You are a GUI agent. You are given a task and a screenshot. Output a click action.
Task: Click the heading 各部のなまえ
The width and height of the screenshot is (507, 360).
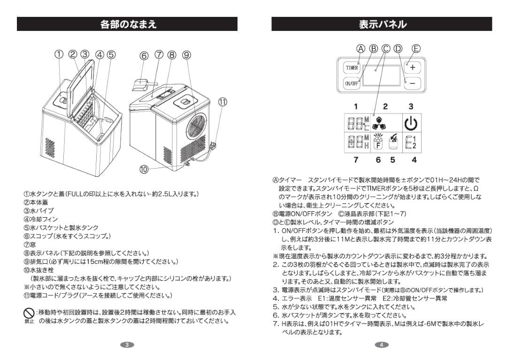pos(127,24)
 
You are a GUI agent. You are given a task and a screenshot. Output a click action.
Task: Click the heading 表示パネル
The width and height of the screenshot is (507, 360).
pos(382,24)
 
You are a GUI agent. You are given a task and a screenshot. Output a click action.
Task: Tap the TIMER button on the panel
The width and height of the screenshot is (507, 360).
pos(352,68)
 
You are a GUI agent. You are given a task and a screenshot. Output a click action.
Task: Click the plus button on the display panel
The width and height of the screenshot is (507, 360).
pos(412,67)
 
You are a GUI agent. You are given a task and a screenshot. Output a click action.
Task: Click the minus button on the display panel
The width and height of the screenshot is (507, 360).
pos(412,83)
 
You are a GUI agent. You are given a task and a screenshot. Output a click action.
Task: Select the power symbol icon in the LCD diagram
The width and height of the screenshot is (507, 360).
pos(411,123)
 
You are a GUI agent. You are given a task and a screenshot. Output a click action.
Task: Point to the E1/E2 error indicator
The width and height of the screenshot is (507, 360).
pos(411,142)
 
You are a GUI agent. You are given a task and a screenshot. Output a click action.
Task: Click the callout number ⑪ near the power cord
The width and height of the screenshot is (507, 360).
pos(223,102)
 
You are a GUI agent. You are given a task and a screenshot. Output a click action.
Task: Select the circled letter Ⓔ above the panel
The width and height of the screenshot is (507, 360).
pos(416,48)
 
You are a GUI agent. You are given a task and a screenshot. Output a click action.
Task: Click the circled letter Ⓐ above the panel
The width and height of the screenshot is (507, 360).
pos(360,48)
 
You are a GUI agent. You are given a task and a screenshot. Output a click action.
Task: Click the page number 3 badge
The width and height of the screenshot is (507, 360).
pos(127,345)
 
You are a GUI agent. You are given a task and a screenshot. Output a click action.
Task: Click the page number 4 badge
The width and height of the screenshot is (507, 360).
pos(382,345)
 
